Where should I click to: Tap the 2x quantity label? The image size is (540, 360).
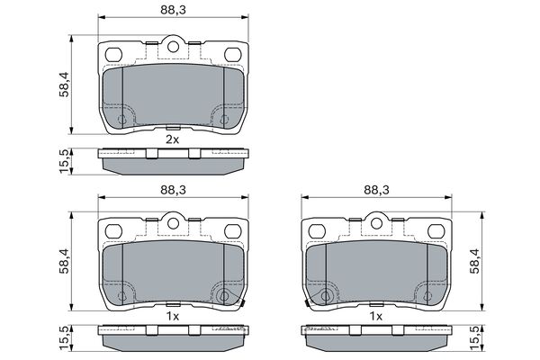point(172,139)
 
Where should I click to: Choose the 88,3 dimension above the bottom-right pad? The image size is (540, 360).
point(376,190)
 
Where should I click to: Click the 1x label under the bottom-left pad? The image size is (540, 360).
point(173,318)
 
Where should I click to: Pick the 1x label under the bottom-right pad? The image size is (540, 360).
point(376,318)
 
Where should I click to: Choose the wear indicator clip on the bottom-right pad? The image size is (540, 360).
point(311,301)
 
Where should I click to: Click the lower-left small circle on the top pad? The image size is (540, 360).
point(122,118)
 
